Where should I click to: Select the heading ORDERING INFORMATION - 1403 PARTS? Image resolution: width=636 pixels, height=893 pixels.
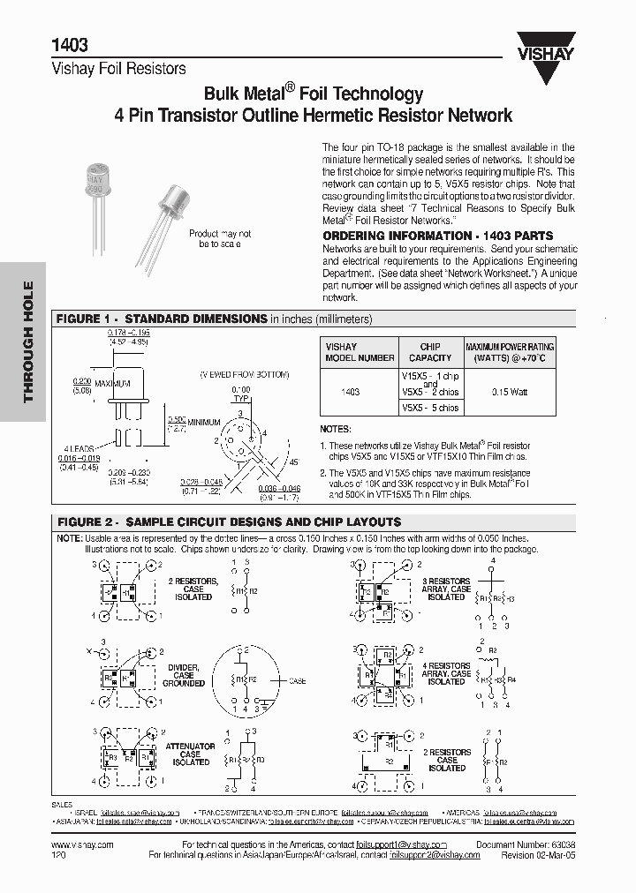pos(437,236)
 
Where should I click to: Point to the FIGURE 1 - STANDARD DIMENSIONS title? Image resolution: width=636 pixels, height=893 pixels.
pos(162,319)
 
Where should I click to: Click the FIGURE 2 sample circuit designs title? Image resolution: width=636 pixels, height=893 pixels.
pos(229,522)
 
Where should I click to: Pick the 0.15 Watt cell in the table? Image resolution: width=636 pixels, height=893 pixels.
pos(511,391)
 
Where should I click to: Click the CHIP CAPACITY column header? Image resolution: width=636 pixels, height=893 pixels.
pos(430,352)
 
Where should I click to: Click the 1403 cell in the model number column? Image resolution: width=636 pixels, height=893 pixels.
pos(351,391)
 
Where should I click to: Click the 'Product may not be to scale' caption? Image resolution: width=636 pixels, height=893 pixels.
pos(220,238)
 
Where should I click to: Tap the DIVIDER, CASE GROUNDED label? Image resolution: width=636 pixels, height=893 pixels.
pos(183,675)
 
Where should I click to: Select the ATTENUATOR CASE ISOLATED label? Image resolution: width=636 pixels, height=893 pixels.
pos(190,754)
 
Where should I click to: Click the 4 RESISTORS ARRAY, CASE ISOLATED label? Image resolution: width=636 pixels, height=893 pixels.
pos(446,673)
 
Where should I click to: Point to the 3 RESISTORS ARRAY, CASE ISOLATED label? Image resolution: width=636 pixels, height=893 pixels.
pos(446,589)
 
